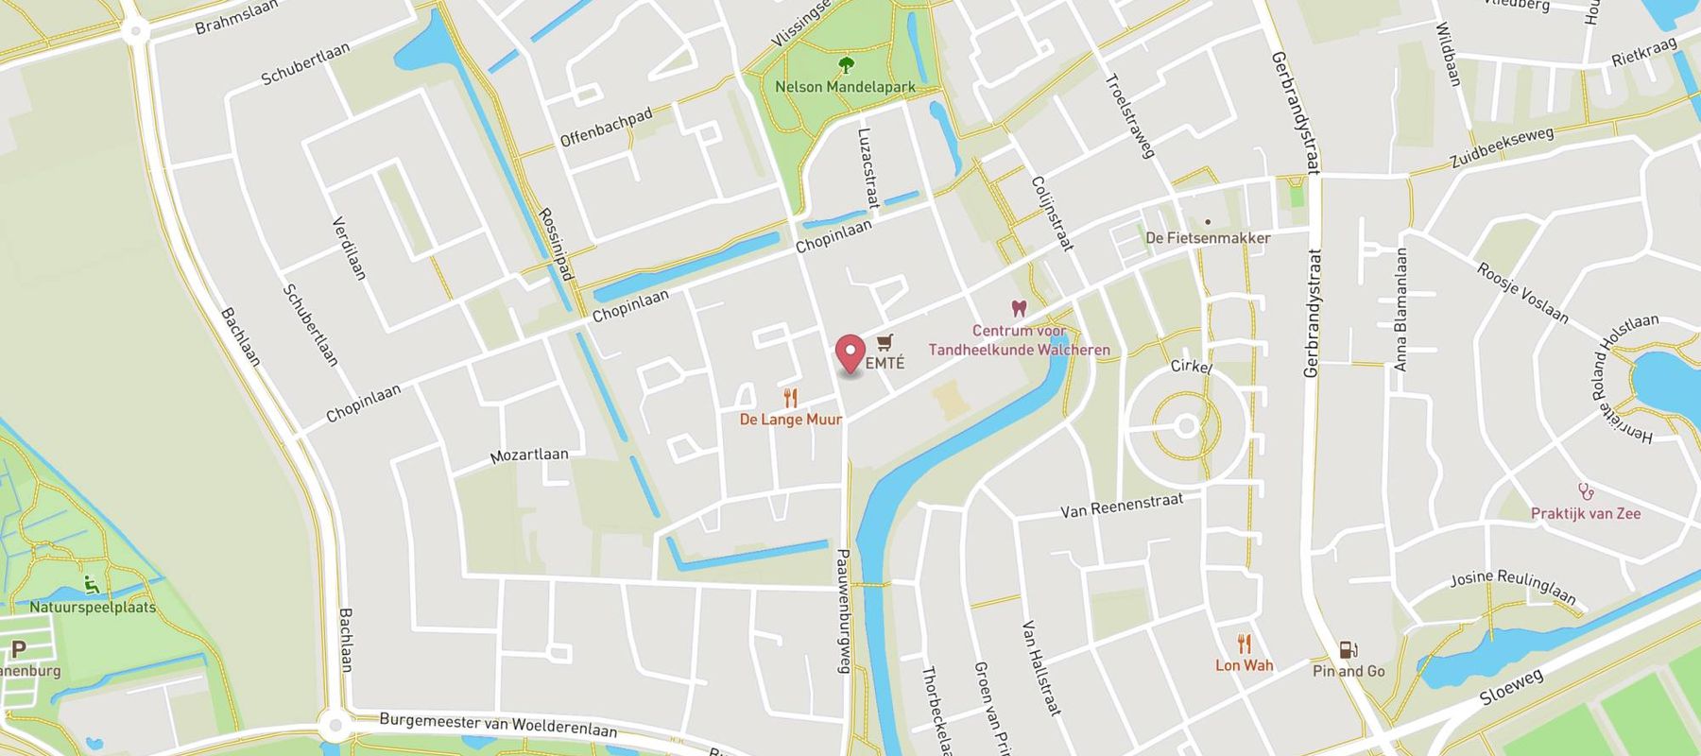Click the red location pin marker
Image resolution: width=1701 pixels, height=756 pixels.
[x=851, y=354]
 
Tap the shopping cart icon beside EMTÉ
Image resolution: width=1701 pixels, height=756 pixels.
[x=885, y=342]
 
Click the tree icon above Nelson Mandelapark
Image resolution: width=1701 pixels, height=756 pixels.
[x=846, y=65]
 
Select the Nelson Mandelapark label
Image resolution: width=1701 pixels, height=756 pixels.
[x=845, y=87]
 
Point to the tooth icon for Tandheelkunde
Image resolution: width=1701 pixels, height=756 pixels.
[x=1019, y=308]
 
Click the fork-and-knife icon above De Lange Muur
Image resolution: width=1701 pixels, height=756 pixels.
[x=791, y=399]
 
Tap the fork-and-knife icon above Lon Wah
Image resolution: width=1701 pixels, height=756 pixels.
[x=1245, y=644]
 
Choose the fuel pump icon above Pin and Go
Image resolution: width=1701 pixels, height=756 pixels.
[x=1349, y=650]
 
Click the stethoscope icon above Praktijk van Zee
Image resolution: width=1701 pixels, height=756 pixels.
[x=1586, y=491]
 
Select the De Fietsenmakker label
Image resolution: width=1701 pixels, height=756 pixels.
[x=1208, y=238]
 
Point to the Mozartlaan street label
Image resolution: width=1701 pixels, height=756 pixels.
[x=529, y=455]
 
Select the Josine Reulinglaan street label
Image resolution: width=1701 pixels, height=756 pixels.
[x=1513, y=587]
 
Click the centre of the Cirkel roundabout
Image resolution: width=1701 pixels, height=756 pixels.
[x=1186, y=426]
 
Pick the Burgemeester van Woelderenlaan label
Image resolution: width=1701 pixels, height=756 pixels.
[x=498, y=725]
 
